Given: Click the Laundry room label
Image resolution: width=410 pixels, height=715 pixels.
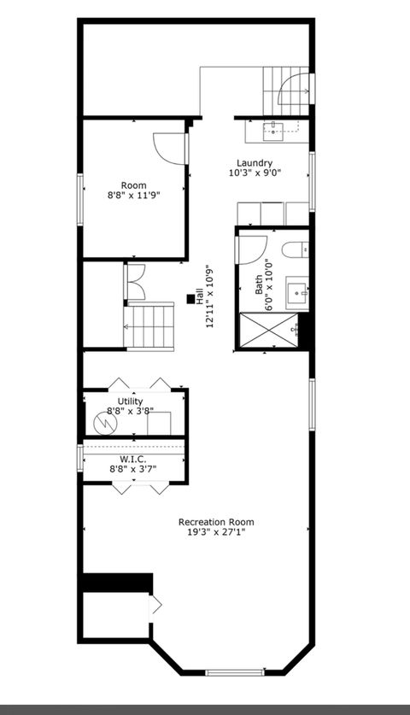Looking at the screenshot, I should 255,163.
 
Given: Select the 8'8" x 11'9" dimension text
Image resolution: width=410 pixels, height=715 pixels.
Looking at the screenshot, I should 133,196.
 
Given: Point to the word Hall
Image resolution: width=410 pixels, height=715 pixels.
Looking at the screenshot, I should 199,298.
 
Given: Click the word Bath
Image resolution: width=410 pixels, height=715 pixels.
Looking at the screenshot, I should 259,284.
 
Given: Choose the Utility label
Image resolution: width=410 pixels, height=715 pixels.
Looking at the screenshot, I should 131,401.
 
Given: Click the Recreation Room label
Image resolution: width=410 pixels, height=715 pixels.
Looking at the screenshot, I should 216,522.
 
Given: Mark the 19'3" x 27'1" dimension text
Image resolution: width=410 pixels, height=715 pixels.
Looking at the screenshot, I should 216,532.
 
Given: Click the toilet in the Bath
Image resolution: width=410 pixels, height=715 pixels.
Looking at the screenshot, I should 291,249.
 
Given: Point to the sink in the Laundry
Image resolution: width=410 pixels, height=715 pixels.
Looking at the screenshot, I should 274,130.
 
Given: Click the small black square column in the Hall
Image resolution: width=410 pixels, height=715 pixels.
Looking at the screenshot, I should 190,299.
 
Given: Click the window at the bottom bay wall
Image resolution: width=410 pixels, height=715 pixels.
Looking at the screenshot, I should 231,672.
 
